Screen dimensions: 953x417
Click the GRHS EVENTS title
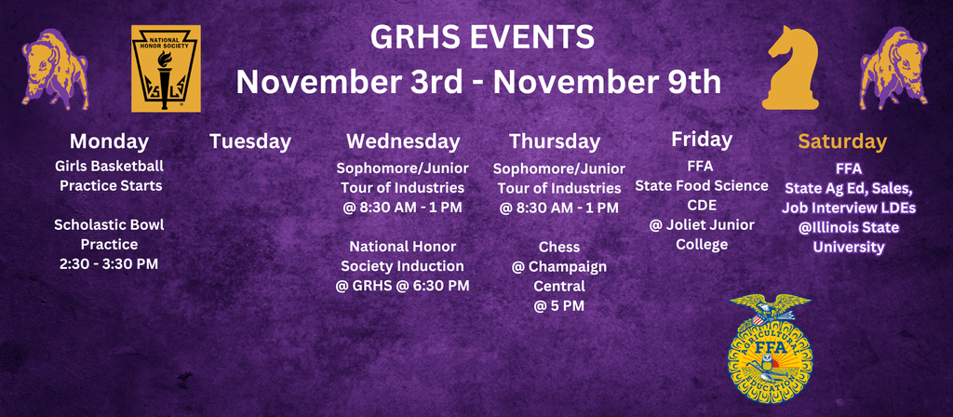pyautogui.click(x=482, y=38)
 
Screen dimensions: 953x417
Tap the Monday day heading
pyautogui.click(x=109, y=141)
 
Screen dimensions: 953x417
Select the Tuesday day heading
pyautogui.click(x=250, y=141)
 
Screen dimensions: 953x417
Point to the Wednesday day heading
pyautogui.click(x=403, y=141)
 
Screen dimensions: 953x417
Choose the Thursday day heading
pyautogui.click(x=555, y=141)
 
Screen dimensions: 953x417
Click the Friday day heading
pyautogui.click(x=702, y=140)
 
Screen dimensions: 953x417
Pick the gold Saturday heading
pyautogui.click(x=842, y=141)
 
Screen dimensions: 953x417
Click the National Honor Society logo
pyautogui.click(x=166, y=69)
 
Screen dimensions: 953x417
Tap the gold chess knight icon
pyautogui.click(x=790, y=68)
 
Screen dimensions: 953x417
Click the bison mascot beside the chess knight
pyautogui.click(x=893, y=68)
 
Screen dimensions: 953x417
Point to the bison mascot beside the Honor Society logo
pyautogui.click(x=55, y=68)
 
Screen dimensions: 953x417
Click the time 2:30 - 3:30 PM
pyautogui.click(x=109, y=263)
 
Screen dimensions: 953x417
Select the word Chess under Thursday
pyautogui.click(x=559, y=248)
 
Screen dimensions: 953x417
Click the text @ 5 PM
pyautogui.click(x=559, y=305)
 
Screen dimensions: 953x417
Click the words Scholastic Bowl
pyautogui.click(x=109, y=225)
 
